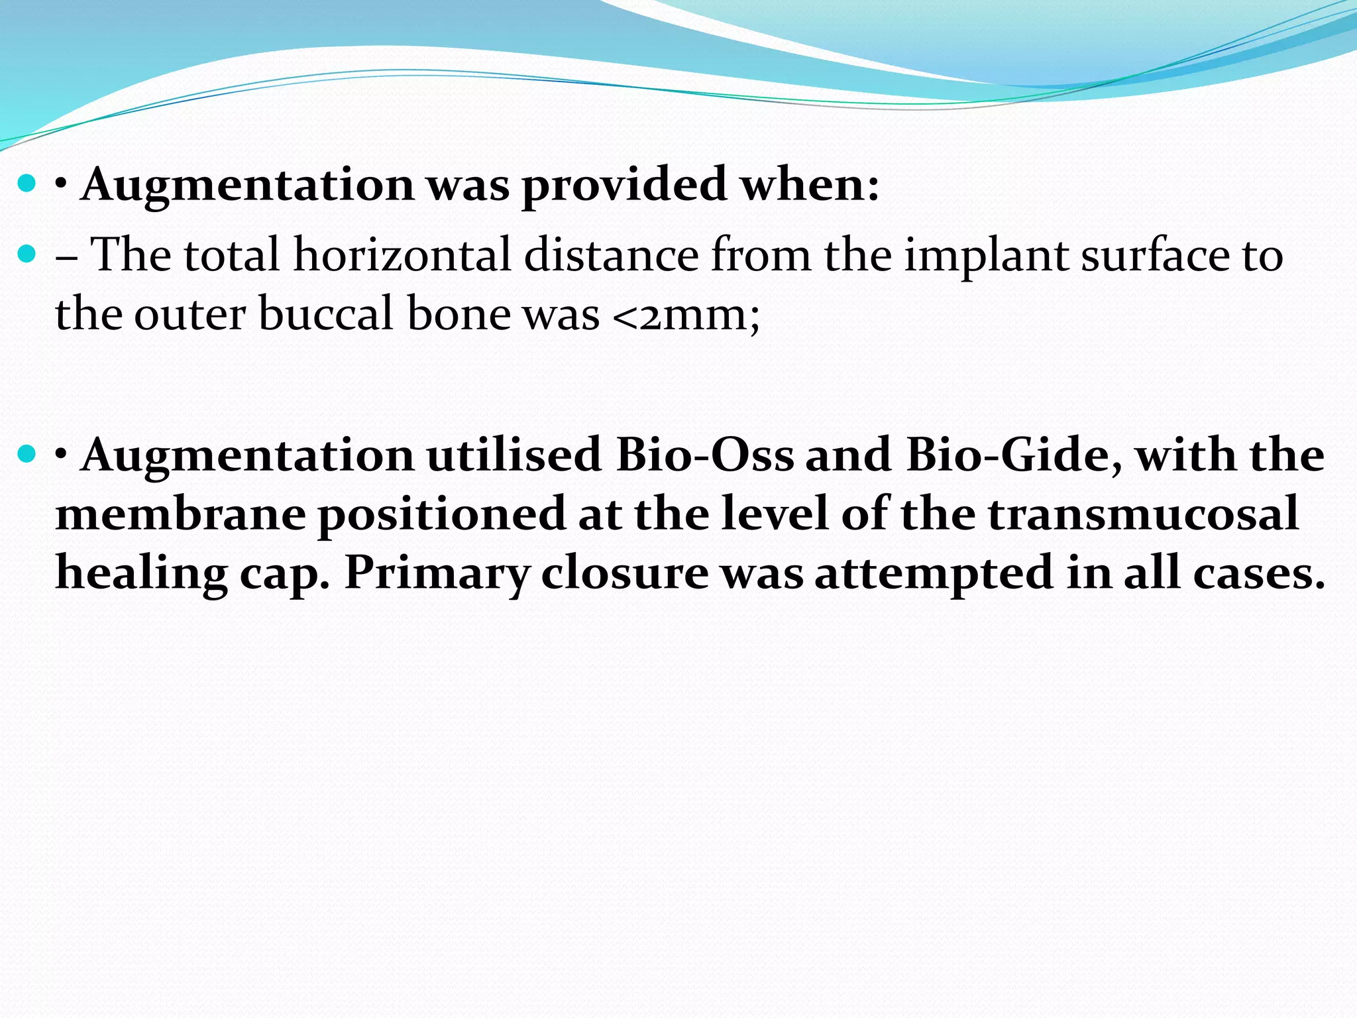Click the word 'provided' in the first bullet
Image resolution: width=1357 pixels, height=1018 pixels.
point(624,186)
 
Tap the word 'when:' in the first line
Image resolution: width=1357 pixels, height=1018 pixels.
point(809,184)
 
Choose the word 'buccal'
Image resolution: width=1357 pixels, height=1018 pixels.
point(327,314)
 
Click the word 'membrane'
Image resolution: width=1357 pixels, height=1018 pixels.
point(180,515)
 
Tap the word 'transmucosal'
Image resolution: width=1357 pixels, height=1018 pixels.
point(1143,515)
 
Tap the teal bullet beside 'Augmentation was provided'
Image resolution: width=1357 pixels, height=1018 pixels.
point(27,184)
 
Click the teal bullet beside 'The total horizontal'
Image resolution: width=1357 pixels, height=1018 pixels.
point(27,254)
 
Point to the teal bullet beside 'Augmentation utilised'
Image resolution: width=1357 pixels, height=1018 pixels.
point(27,454)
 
